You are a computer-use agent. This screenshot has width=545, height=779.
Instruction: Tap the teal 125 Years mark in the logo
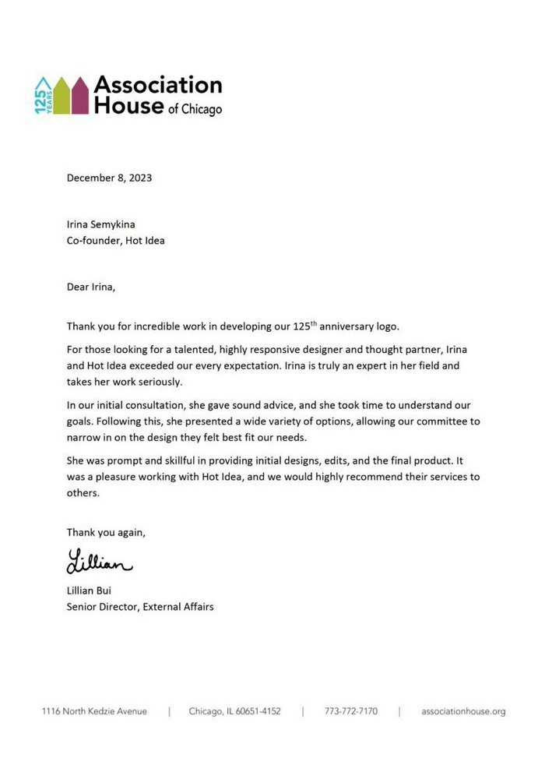[44, 96]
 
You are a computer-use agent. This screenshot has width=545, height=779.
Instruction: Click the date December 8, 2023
[109, 178]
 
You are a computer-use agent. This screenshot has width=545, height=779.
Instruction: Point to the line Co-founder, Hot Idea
[115, 241]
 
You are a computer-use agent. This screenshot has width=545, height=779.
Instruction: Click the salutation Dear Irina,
[90, 287]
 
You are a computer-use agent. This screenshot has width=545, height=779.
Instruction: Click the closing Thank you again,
[106, 533]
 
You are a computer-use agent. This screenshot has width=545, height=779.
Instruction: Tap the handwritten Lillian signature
[99, 561]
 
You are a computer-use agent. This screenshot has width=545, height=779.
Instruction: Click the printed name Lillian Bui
[89, 590]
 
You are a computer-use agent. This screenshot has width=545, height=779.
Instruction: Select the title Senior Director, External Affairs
[140, 607]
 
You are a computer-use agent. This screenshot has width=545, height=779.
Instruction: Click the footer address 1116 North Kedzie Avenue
[94, 711]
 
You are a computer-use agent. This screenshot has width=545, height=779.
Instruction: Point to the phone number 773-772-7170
[351, 711]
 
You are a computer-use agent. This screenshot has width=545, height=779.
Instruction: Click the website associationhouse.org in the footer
[463, 711]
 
